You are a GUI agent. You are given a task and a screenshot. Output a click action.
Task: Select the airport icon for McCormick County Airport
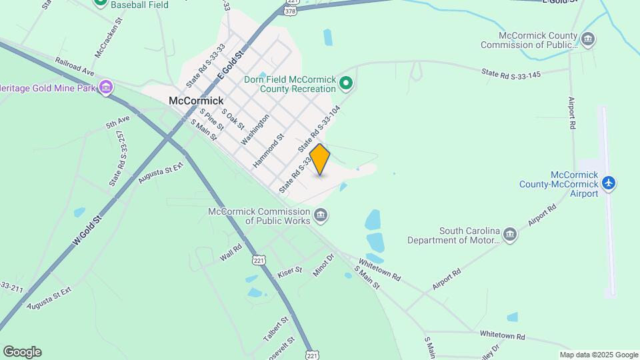click(608, 183)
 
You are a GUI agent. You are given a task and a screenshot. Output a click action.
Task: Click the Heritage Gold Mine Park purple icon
click(105, 87)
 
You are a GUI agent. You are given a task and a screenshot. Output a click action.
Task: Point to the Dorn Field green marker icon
click(345, 83)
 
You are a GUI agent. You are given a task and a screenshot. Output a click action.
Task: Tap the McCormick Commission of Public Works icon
click(321, 215)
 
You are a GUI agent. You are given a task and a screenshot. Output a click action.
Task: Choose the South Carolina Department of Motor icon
click(510, 235)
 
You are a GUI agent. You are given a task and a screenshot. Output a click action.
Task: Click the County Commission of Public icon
click(588, 39)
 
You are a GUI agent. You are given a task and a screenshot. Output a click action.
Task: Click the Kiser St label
click(290, 273)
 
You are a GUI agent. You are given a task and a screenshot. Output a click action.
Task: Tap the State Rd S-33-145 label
click(512, 73)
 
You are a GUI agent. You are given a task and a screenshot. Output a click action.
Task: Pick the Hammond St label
click(269, 150)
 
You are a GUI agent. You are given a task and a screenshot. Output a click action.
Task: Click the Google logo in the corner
click(22, 352)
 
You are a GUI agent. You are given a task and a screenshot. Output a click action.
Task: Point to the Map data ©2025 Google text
click(598, 355)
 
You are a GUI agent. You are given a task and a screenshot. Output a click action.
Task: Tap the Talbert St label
click(275, 329)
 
